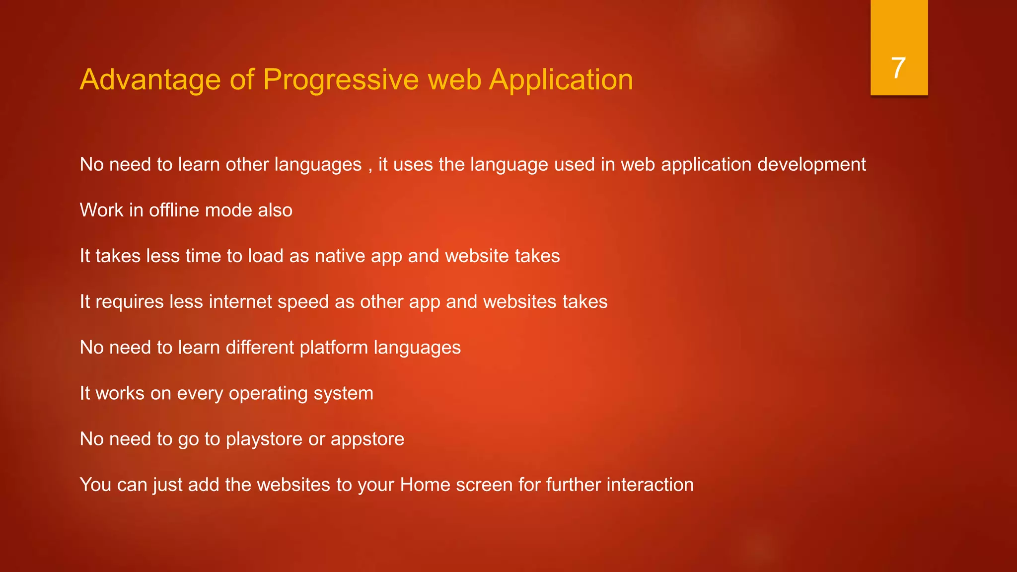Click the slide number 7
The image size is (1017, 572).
(x=898, y=68)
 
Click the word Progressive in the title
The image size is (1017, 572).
(x=341, y=79)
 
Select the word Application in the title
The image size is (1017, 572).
(x=561, y=79)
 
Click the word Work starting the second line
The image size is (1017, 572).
(x=101, y=210)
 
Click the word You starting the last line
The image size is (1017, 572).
(x=95, y=485)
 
